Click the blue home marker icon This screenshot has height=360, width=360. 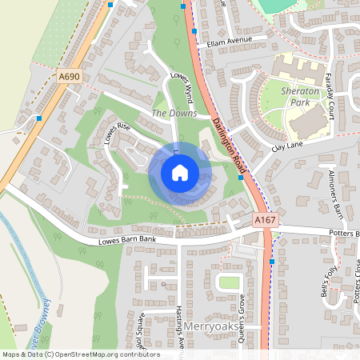coord(180,173)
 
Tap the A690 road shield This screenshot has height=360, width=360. coord(70,76)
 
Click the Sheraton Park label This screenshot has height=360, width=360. coord(300,98)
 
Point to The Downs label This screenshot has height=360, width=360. coord(168,114)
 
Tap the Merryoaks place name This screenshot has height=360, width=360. coord(212,327)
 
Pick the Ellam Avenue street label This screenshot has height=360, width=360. coord(228,40)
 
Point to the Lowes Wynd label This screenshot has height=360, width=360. coord(183,87)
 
